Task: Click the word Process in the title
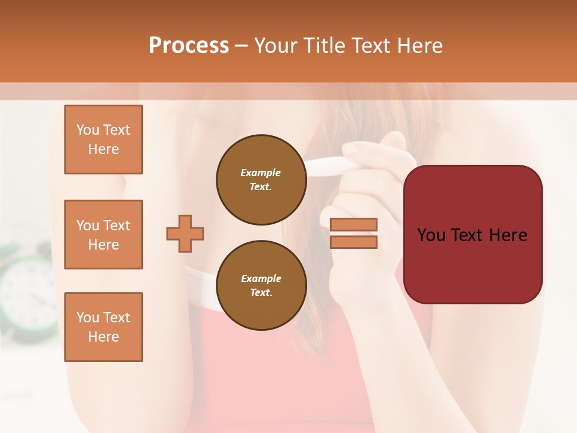coord(189,45)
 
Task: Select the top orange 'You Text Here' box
coord(103,140)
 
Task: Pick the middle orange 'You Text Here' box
coord(103,235)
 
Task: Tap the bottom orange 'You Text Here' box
coord(103,327)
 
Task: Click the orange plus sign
coord(185,233)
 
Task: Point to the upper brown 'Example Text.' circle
coord(261,179)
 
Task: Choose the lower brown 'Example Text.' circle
coord(261,285)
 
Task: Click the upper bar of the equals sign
coord(353,224)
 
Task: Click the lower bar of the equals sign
coord(353,242)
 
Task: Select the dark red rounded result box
coord(472,235)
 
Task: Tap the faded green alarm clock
coord(27,289)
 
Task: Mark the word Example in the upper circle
coord(261,173)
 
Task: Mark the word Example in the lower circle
coord(261,278)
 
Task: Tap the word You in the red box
coord(432,235)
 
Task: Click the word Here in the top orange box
coord(103,149)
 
